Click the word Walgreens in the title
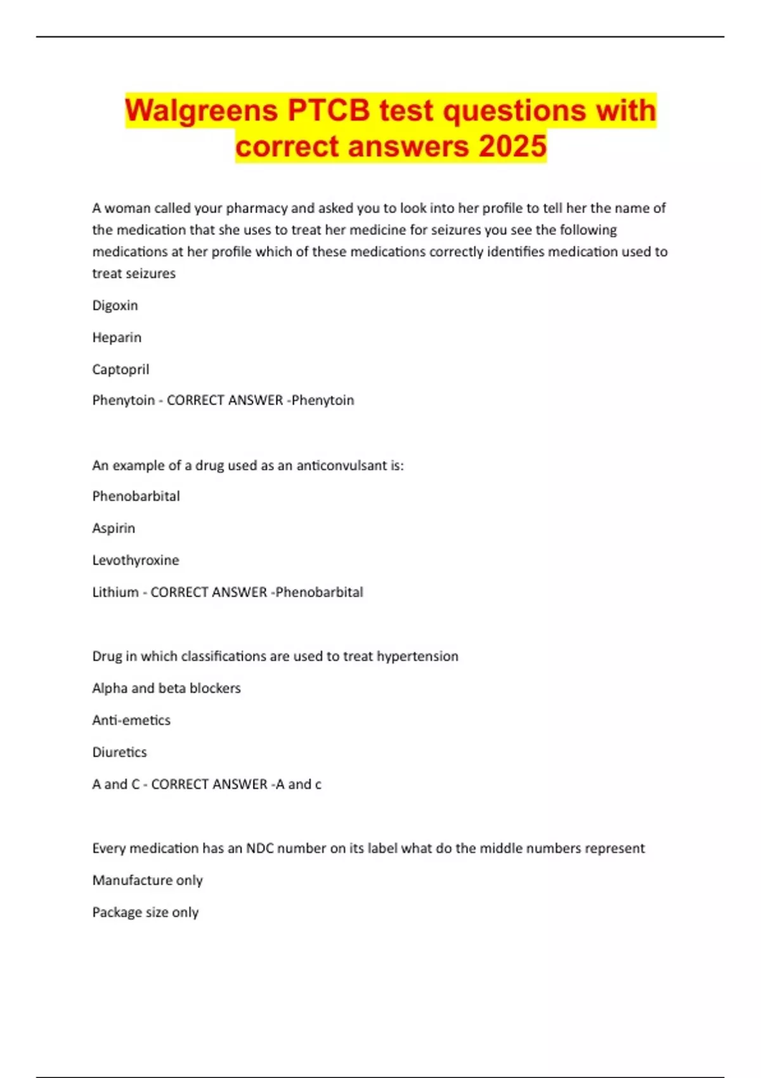202,110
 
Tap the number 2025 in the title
512,146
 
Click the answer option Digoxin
115,305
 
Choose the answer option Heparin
117,337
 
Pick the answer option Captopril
120,369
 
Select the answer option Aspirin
114,528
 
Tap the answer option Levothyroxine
136,560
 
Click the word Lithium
115,592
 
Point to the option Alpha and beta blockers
166,688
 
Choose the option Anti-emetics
131,720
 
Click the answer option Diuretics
119,752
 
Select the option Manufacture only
147,880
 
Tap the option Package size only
145,912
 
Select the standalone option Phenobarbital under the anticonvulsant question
136,496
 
